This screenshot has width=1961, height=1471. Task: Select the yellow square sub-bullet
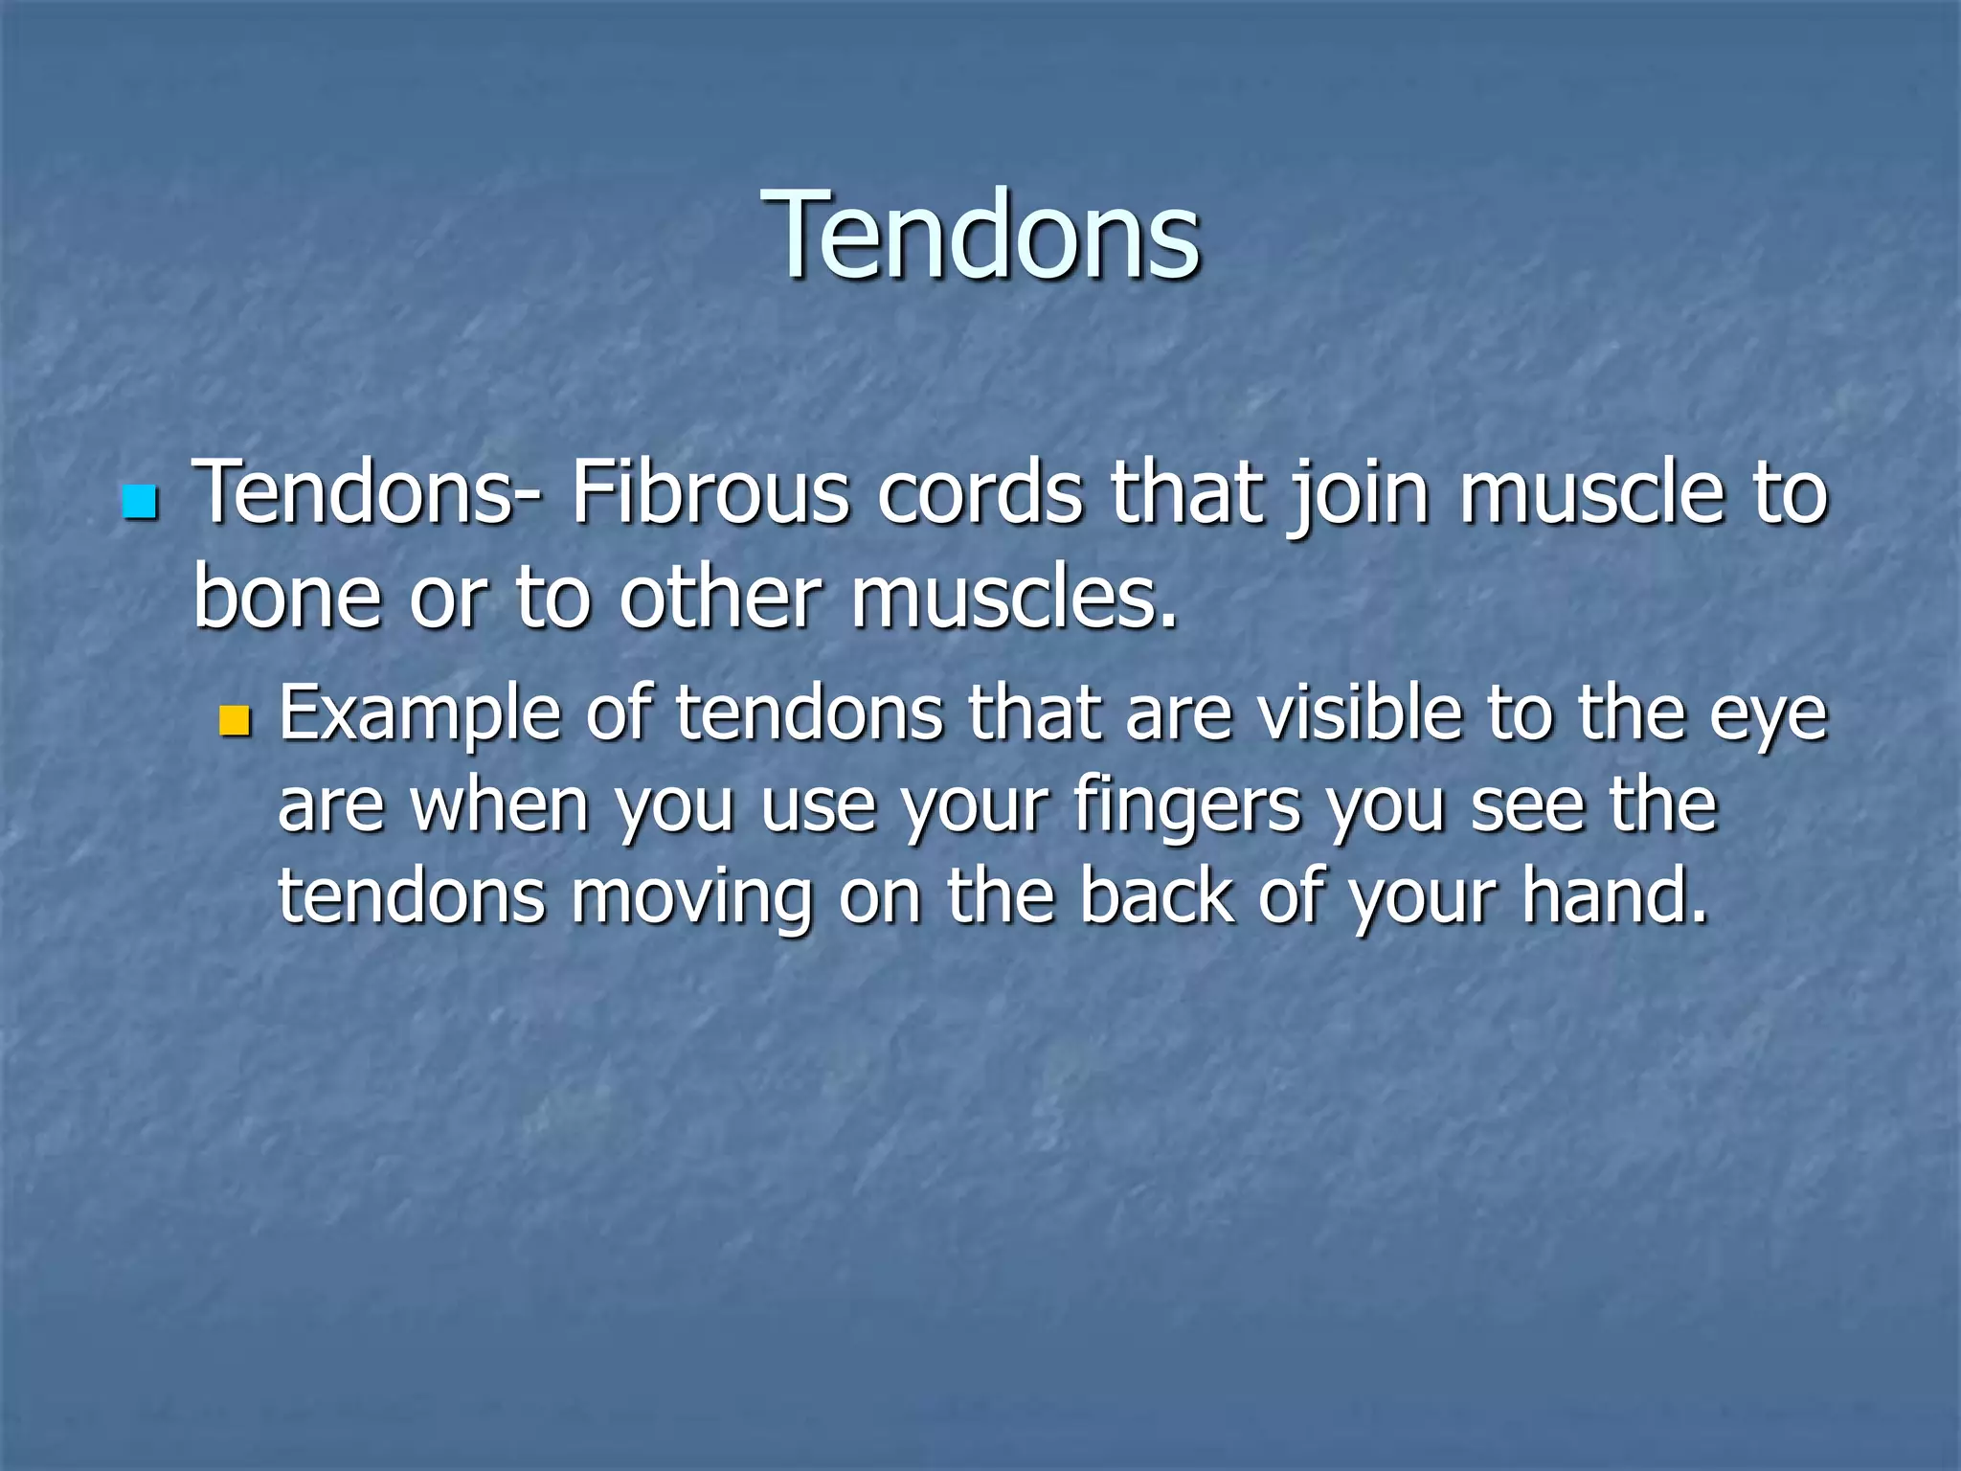[x=234, y=720]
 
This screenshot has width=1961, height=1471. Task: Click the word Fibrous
[x=710, y=494]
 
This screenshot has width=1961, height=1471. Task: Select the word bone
[x=287, y=598]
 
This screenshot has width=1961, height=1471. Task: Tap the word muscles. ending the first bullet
[x=1014, y=598]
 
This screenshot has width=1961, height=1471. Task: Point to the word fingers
[x=1187, y=806]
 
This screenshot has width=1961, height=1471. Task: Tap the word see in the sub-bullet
[x=1526, y=806]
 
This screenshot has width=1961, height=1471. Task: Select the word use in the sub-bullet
[x=818, y=806]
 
